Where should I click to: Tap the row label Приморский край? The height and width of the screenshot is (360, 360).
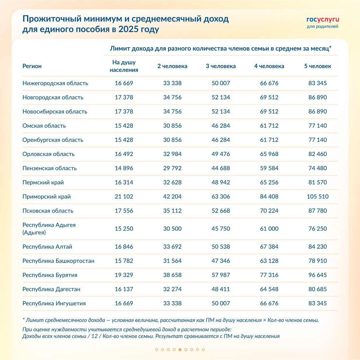click(47, 196)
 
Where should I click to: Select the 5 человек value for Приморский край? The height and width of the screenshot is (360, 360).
click(317, 196)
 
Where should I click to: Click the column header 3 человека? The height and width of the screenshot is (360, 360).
click(221, 66)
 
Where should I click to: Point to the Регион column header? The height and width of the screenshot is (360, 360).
click(32, 66)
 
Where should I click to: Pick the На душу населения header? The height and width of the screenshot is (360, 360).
click(124, 66)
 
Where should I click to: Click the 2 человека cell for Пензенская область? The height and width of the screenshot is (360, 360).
click(172, 168)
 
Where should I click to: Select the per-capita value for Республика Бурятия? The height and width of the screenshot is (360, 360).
click(124, 275)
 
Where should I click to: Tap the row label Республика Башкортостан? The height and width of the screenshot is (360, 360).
click(58, 261)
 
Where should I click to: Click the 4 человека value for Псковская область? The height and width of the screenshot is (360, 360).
click(269, 211)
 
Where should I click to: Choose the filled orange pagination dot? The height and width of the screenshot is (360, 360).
click(180, 350)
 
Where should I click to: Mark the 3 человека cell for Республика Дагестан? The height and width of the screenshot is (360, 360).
click(221, 289)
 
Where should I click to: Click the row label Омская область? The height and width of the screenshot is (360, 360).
click(44, 126)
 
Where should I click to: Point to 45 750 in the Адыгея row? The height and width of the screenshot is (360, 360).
click(221, 229)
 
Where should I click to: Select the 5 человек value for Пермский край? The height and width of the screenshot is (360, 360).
click(317, 182)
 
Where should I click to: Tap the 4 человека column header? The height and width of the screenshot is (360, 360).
click(269, 66)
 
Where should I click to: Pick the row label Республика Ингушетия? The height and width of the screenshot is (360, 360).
click(54, 303)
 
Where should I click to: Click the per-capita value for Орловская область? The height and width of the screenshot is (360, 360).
click(124, 154)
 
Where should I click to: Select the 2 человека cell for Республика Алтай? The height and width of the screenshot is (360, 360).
click(172, 247)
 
